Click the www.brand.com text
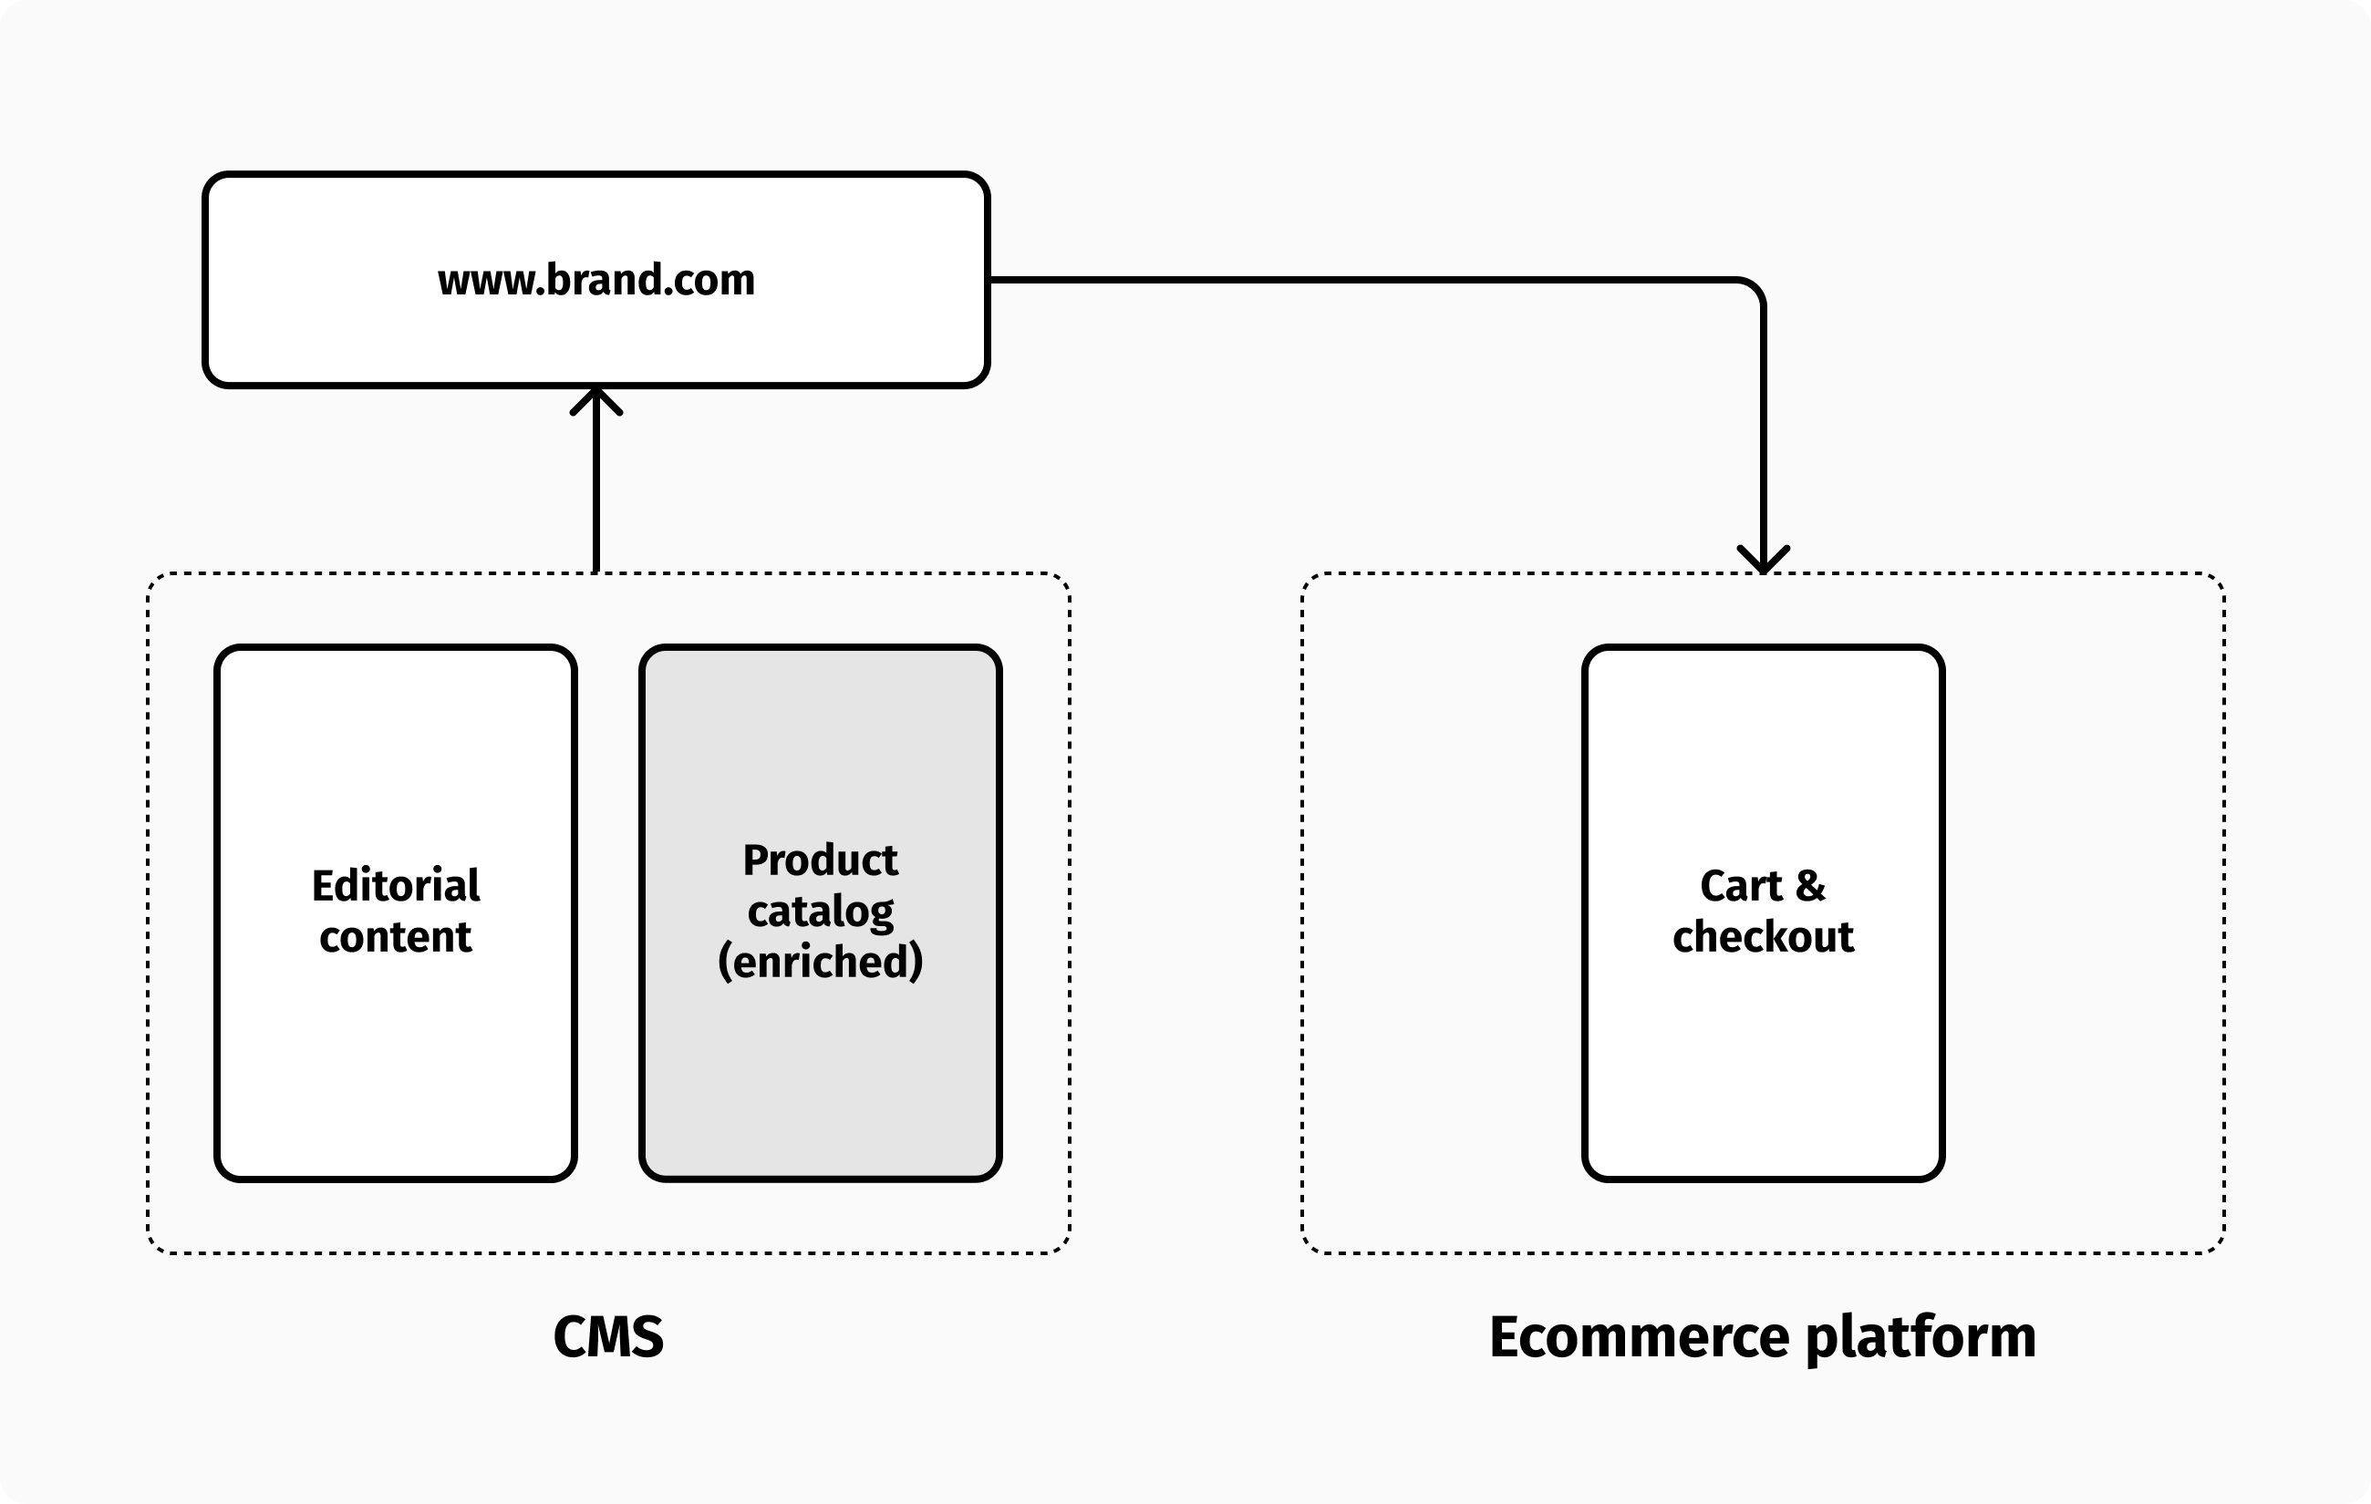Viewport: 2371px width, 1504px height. point(595,281)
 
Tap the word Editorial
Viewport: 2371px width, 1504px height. point(396,886)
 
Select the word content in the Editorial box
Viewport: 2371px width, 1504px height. point(396,937)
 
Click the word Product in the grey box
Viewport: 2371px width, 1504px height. point(820,860)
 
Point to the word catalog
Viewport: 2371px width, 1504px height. point(820,912)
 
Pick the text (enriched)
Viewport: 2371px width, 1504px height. point(820,962)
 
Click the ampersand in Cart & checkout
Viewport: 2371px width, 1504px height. point(1810,886)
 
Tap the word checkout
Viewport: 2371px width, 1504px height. point(1763,937)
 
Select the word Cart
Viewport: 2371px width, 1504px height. point(1741,886)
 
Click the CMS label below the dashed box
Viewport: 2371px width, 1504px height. point(608,1336)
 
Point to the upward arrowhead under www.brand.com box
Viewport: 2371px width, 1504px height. point(595,398)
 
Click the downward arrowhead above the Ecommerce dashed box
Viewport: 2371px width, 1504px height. point(1763,561)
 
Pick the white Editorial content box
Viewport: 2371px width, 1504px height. point(396,1063)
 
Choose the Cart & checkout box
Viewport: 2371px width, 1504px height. point(1763,1063)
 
